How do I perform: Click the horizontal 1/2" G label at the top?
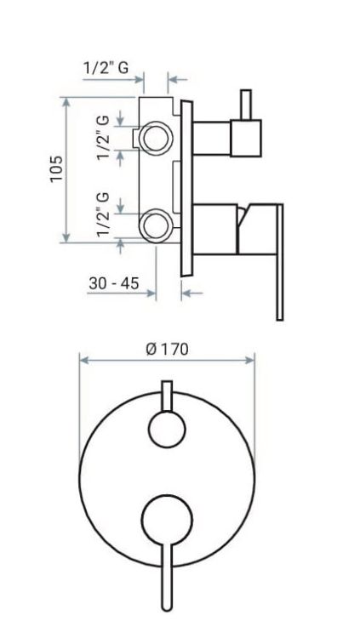(x=106, y=68)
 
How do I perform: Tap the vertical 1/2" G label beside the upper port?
(x=104, y=137)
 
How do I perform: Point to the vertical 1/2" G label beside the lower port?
(x=104, y=214)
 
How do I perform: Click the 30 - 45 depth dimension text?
(x=113, y=283)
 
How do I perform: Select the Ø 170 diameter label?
(x=167, y=349)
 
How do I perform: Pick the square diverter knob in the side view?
(x=246, y=138)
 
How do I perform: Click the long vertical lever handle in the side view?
(x=278, y=264)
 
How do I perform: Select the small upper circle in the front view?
(x=167, y=430)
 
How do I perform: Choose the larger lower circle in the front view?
(x=167, y=521)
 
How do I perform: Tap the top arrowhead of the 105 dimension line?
(x=66, y=100)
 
